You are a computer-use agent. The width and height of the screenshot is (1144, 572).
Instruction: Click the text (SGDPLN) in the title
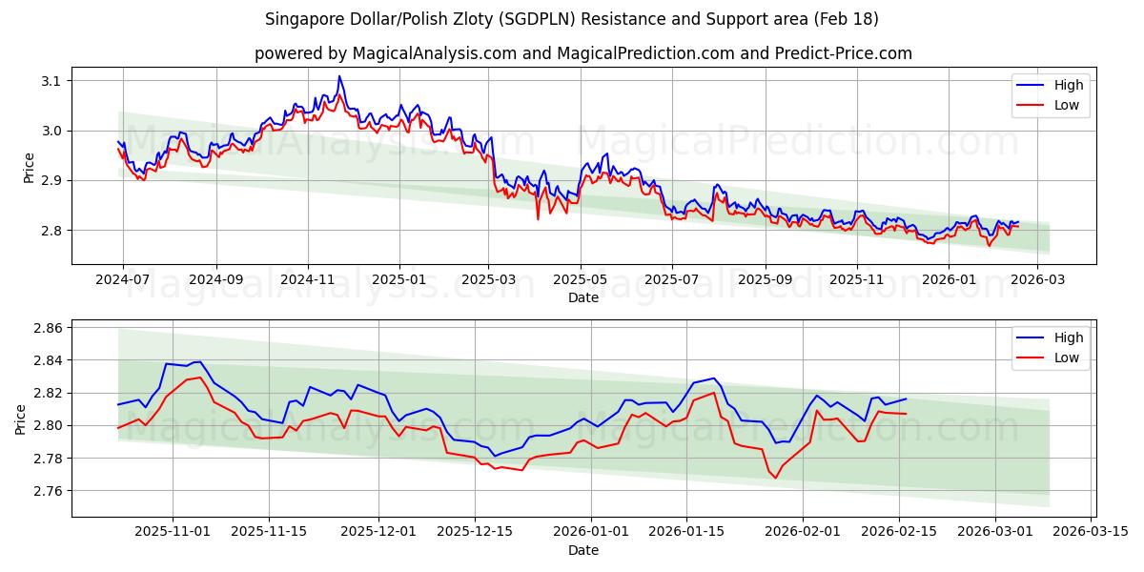(x=604, y=19)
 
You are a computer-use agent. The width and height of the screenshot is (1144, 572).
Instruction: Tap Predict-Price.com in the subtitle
(x=840, y=53)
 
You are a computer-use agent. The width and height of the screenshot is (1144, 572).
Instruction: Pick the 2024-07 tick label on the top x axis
(x=123, y=279)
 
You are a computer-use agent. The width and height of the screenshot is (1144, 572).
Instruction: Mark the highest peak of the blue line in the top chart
(x=338, y=76)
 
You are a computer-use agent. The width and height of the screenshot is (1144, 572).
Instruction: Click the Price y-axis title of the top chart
(x=29, y=167)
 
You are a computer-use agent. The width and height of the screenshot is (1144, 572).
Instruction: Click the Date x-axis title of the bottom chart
(x=583, y=550)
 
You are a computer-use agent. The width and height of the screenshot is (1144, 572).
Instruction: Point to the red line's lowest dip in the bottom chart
(x=775, y=478)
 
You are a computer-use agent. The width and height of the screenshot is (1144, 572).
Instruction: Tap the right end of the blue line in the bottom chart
(x=906, y=399)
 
